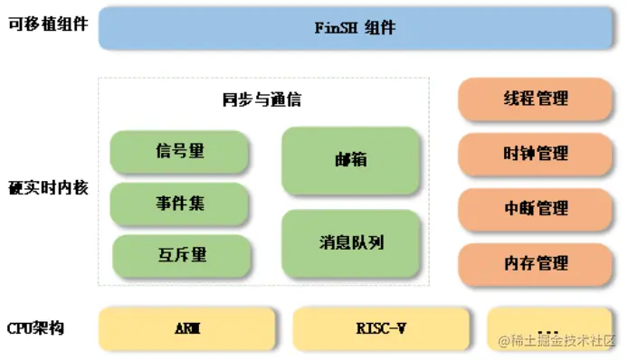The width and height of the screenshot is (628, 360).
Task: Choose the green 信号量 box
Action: tap(179, 152)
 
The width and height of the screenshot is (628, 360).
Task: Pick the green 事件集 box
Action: tap(179, 204)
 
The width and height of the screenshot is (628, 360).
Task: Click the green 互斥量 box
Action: tap(181, 256)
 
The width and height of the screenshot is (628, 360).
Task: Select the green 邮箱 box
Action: tap(350, 159)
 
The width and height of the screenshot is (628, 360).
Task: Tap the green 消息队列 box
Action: tap(350, 243)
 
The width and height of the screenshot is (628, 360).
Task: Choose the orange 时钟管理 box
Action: tap(536, 154)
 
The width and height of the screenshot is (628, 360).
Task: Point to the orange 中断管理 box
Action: tap(536, 209)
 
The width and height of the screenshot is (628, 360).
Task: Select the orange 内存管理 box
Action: tap(536, 263)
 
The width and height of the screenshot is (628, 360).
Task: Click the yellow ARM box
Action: tap(186, 328)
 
